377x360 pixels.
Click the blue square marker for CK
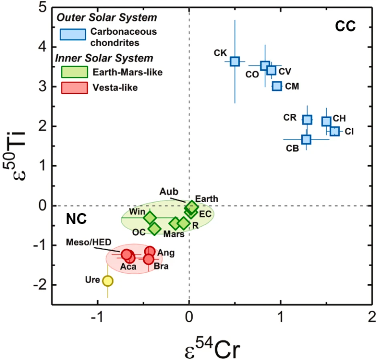point(235,61)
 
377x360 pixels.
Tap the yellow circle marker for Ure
point(108,281)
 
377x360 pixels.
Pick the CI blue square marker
point(335,131)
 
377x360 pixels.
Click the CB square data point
point(306,139)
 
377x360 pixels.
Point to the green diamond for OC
point(154,229)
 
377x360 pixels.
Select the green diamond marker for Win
point(150,218)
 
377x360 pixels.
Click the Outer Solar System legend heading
point(107,18)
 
